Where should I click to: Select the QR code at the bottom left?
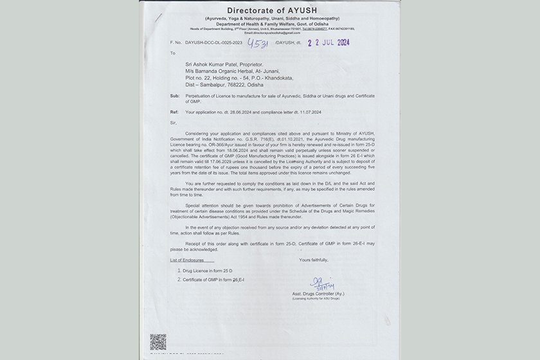(x=158, y=341)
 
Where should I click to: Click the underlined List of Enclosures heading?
(x=190, y=260)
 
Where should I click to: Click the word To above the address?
(x=172, y=54)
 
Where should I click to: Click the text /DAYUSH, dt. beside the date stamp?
(x=287, y=42)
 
